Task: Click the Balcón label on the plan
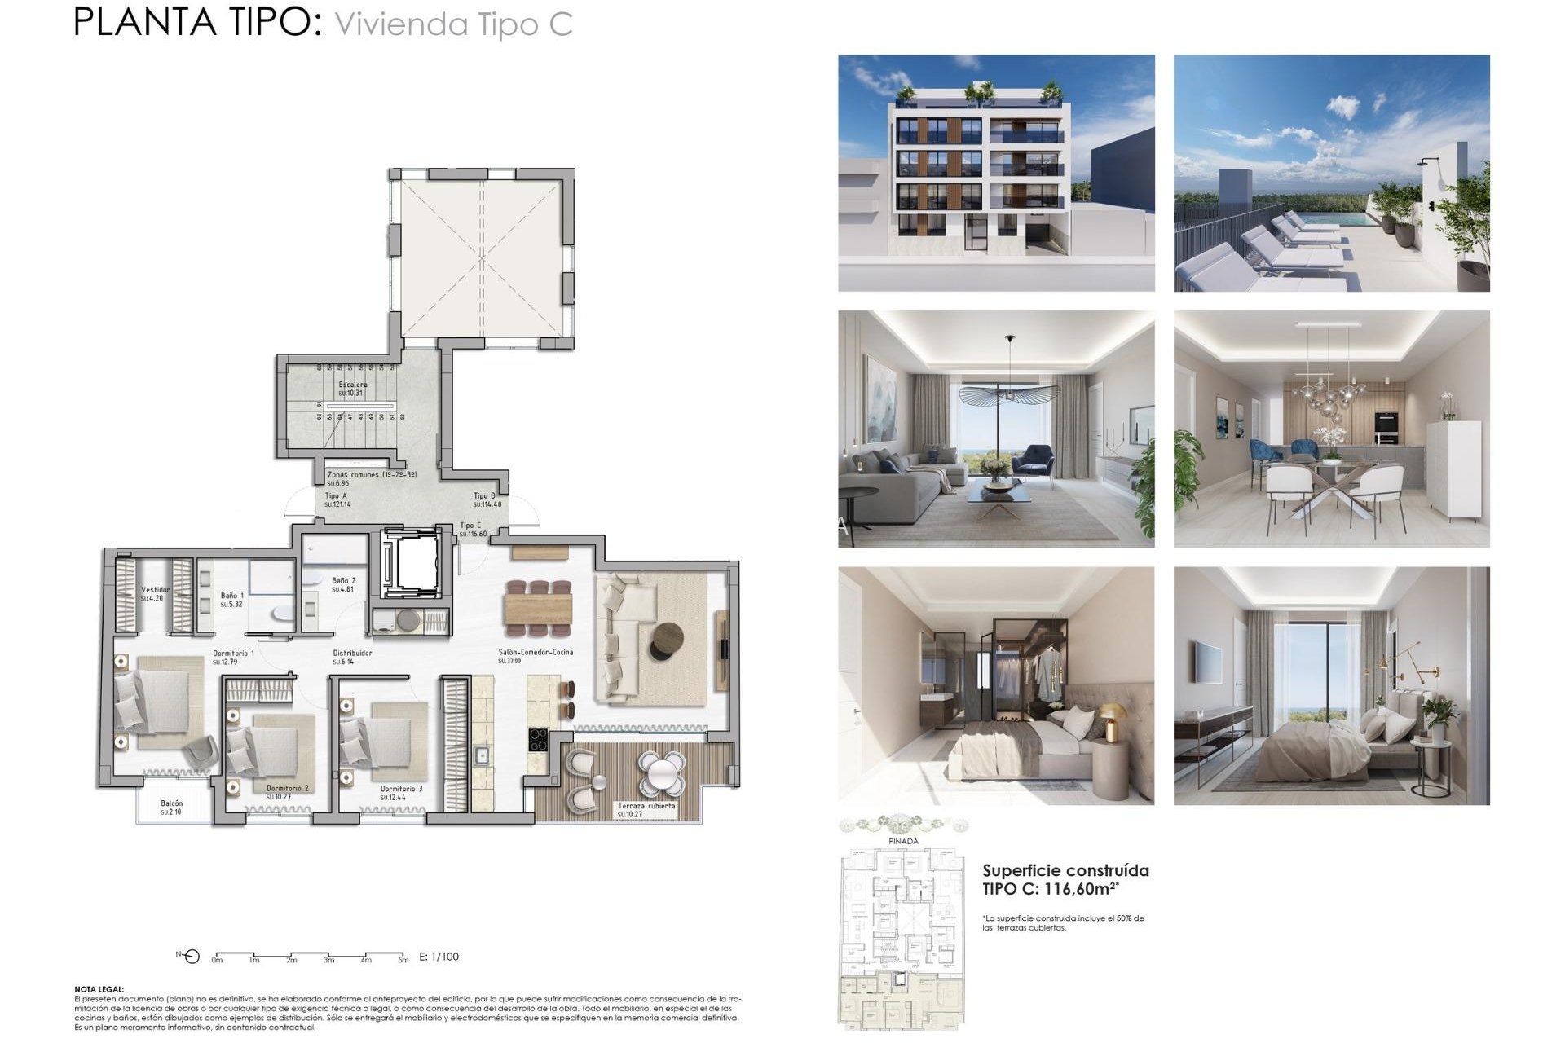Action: tap(171, 803)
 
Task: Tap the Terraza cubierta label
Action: tap(646, 806)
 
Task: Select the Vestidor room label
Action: tap(155, 590)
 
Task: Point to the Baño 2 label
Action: tap(343, 581)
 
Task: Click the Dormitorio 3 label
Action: tap(401, 789)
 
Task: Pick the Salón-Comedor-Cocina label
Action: tap(536, 652)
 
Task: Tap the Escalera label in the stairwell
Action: tap(352, 385)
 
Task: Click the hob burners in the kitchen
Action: tap(538, 740)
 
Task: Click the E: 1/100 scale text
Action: tap(439, 957)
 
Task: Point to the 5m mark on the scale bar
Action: tap(403, 961)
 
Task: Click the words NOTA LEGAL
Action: tap(99, 989)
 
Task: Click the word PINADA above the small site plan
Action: tap(903, 841)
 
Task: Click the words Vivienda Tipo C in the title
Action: tap(453, 24)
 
